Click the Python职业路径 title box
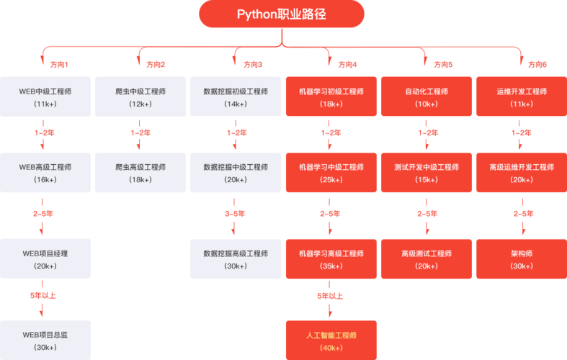tap(282, 14)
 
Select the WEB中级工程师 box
tap(45, 96)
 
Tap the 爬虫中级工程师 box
tap(140, 96)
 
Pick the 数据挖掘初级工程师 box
tap(236, 96)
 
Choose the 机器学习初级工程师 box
tap(331, 96)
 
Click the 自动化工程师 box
tap(426, 96)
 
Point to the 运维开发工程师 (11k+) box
tap(521, 96)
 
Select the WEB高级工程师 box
tap(45, 172)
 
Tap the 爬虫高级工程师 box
tap(140, 172)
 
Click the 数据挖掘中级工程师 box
tap(236, 172)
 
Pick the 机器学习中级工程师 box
tap(331, 172)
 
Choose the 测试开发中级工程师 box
tap(426, 172)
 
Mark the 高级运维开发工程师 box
tap(521, 172)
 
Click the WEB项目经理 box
tap(45, 258)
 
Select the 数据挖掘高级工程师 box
tap(236, 258)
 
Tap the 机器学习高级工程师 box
tap(331, 258)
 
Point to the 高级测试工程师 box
tap(426, 258)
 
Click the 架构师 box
tap(521, 258)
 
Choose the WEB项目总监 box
tap(45, 340)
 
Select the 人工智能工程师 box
tap(331, 341)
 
